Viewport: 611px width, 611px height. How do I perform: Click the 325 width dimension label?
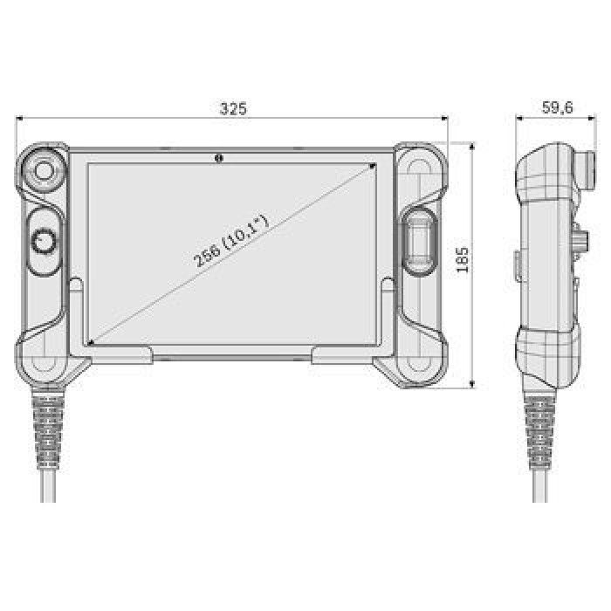[x=233, y=109]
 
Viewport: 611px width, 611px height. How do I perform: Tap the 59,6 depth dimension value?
[x=557, y=107]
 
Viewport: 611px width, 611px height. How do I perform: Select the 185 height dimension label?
[x=462, y=260]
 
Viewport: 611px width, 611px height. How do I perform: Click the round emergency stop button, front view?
[x=44, y=170]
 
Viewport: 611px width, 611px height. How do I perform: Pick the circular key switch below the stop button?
[x=44, y=241]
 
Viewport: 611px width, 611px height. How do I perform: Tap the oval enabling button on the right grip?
[x=418, y=242]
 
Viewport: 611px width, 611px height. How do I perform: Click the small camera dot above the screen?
[x=218, y=158]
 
